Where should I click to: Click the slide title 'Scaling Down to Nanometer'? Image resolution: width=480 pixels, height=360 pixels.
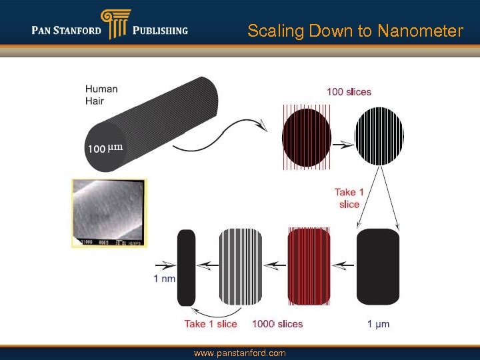coord(355,31)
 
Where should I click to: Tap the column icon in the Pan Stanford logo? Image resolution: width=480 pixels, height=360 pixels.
coord(115,25)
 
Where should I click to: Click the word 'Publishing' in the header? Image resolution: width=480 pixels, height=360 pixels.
coord(160,30)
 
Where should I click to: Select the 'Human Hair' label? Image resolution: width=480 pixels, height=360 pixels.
coord(101,94)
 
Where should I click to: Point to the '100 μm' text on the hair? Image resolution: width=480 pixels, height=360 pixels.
coord(105,148)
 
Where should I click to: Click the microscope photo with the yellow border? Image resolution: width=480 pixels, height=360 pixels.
coord(109,213)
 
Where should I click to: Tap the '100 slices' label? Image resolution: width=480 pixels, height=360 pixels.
coord(349,91)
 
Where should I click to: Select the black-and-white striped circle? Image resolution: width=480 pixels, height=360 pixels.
coord(379,136)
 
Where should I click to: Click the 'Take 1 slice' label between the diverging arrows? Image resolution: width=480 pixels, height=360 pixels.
coord(349,199)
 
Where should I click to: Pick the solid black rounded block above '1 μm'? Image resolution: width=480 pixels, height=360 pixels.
coord(378,267)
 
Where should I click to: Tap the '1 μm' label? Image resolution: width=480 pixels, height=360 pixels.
coord(378,324)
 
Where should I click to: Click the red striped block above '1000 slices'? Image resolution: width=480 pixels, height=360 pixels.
coord(309,267)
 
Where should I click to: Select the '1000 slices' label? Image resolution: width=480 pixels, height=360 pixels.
coord(277,324)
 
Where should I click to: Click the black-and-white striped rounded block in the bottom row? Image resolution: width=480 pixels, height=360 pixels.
coord(241,267)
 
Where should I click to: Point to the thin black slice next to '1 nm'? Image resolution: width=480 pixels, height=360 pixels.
coord(186,267)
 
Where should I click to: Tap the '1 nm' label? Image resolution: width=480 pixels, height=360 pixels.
coord(164,279)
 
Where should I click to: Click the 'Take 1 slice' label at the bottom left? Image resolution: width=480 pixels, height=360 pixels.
coord(211,324)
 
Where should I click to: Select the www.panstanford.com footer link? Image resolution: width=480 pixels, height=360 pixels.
coord(239,353)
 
